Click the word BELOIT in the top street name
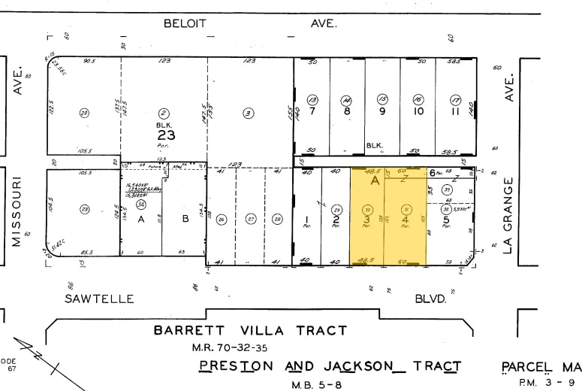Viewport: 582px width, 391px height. pyautogui.click(x=183, y=23)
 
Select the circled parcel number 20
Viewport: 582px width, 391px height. pyautogui.click(x=84, y=113)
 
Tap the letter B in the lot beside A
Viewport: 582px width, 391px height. pyautogui.click(x=185, y=220)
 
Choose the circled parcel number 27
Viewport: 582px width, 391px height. pyautogui.click(x=251, y=220)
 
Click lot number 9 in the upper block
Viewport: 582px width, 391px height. pyautogui.click(x=382, y=111)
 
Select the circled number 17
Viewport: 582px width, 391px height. pyautogui.click(x=454, y=99)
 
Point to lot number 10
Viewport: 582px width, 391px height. pyautogui.click(x=418, y=111)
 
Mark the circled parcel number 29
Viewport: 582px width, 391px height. pyautogui.click(x=337, y=210)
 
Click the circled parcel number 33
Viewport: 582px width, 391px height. pyautogui.click(x=446, y=190)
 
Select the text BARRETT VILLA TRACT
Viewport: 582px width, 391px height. pyautogui.click(x=250, y=330)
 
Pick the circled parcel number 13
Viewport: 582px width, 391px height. pyautogui.click(x=312, y=99)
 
